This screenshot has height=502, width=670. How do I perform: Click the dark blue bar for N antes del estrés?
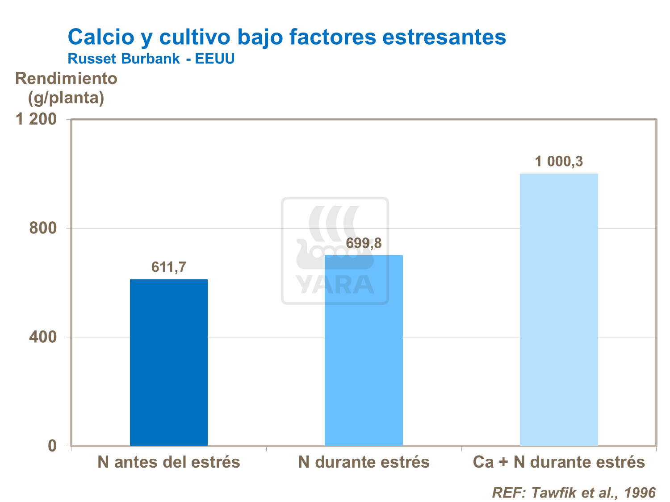point(169,362)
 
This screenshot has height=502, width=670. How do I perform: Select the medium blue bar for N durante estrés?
point(364,350)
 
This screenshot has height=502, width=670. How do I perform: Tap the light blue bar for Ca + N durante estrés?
point(559,309)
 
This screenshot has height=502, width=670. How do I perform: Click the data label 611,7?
point(169,267)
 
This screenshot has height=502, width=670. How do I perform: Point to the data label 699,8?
point(364,243)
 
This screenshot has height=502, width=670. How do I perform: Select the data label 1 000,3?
point(559,161)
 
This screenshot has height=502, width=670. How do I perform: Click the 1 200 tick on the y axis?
point(37,119)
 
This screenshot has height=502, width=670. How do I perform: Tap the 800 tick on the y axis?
point(43,228)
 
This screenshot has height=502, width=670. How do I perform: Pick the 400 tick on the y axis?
point(43,337)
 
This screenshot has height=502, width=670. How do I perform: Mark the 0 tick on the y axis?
point(52,445)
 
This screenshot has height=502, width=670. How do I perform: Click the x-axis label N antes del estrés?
point(169,462)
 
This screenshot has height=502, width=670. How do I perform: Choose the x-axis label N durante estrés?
point(364,462)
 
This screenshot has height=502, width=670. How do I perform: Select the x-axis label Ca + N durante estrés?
point(559,462)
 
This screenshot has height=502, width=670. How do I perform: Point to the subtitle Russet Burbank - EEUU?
point(151,58)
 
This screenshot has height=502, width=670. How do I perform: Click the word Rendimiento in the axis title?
point(66,79)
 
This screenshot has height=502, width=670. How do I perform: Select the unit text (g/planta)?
point(66,98)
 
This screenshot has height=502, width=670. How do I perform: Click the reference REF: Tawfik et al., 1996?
point(574,493)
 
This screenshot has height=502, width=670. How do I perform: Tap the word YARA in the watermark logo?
point(335,285)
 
